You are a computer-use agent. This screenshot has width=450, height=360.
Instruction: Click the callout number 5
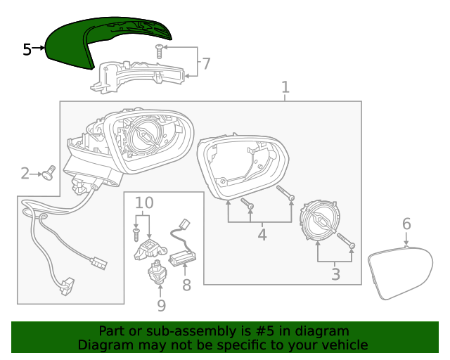27,49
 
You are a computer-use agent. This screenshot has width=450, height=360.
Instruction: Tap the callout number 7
205,64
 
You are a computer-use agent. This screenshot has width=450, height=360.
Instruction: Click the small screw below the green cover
160,50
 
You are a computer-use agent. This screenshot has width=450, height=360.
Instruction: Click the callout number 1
285,88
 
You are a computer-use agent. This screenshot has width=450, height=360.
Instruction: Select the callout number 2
25,173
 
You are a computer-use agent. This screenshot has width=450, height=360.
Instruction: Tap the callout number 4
262,235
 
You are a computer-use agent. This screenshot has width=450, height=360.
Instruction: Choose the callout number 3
335,275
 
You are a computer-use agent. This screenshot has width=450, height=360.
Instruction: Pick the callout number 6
406,224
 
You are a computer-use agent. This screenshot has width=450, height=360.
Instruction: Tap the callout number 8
186,285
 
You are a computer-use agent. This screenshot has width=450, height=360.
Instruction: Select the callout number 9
161,305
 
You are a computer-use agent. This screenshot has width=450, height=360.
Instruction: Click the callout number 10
143,204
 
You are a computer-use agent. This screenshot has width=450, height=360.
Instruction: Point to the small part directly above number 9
157,271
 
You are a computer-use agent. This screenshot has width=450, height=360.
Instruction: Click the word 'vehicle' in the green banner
342,345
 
